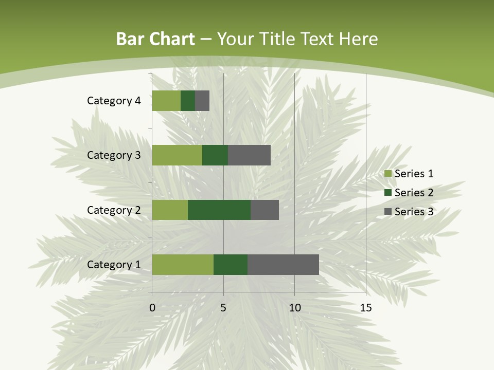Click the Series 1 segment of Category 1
click(x=183, y=265)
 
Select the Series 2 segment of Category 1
click(x=231, y=265)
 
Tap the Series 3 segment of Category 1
click(x=283, y=265)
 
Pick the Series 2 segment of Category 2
click(x=219, y=210)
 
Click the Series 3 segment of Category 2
click(x=264, y=210)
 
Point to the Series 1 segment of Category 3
click(x=177, y=155)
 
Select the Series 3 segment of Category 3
click(x=249, y=155)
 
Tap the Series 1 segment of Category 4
click(x=166, y=101)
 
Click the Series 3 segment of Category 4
click(x=202, y=101)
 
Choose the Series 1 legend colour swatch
click(x=387, y=174)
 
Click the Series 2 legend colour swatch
click(x=387, y=193)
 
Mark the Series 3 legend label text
click(x=414, y=212)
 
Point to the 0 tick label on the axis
click(x=152, y=308)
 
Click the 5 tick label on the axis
click(x=223, y=308)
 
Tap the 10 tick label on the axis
click(x=294, y=308)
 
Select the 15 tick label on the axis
click(x=366, y=308)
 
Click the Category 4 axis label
click(x=114, y=101)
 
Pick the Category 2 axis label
click(x=114, y=210)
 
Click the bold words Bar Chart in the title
click(x=155, y=39)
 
